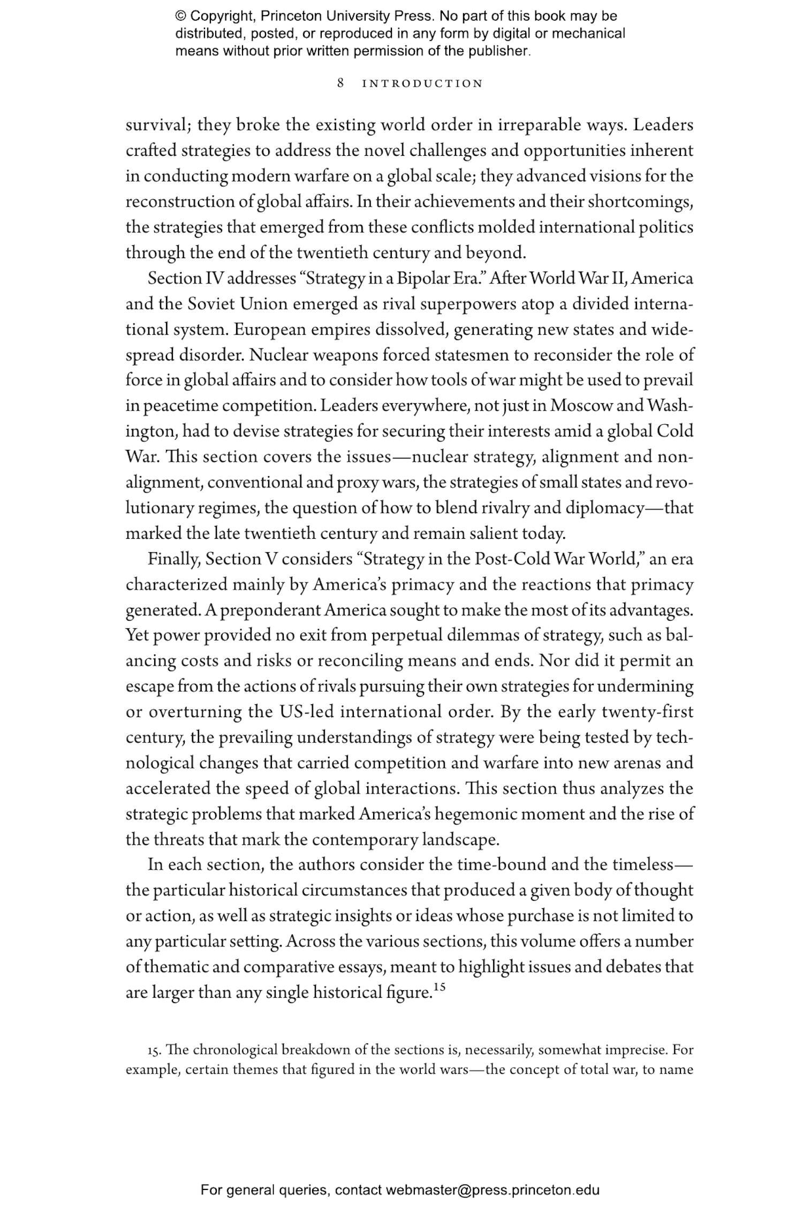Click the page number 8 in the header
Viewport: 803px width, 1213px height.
click(x=340, y=83)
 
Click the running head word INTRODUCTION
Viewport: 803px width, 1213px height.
click(x=422, y=84)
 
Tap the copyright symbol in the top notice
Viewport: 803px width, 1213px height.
click(x=180, y=16)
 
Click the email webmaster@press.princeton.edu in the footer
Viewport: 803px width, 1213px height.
click(x=492, y=1191)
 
